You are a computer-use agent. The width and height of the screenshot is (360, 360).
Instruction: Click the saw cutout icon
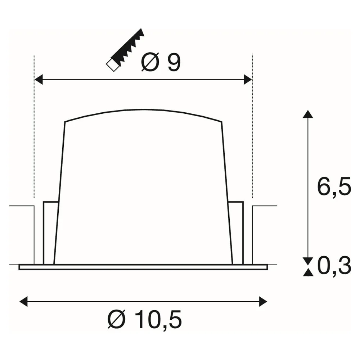click(x=125, y=50)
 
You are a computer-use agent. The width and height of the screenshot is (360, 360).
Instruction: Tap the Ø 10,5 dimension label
click(x=145, y=319)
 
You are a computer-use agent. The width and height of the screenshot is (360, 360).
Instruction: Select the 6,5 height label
click(x=334, y=186)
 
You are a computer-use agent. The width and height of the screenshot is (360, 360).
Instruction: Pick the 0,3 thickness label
click(x=334, y=266)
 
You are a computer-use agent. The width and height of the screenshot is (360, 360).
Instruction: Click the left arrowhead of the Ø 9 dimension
click(x=39, y=80)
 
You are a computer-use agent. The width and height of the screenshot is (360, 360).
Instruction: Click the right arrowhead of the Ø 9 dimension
click(x=248, y=80)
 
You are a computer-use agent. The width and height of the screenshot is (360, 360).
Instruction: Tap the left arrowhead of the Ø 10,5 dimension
click(x=23, y=301)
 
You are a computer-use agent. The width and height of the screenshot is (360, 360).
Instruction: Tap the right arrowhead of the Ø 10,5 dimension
click(x=263, y=301)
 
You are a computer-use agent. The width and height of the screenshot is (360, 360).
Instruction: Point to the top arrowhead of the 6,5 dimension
click(x=308, y=114)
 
